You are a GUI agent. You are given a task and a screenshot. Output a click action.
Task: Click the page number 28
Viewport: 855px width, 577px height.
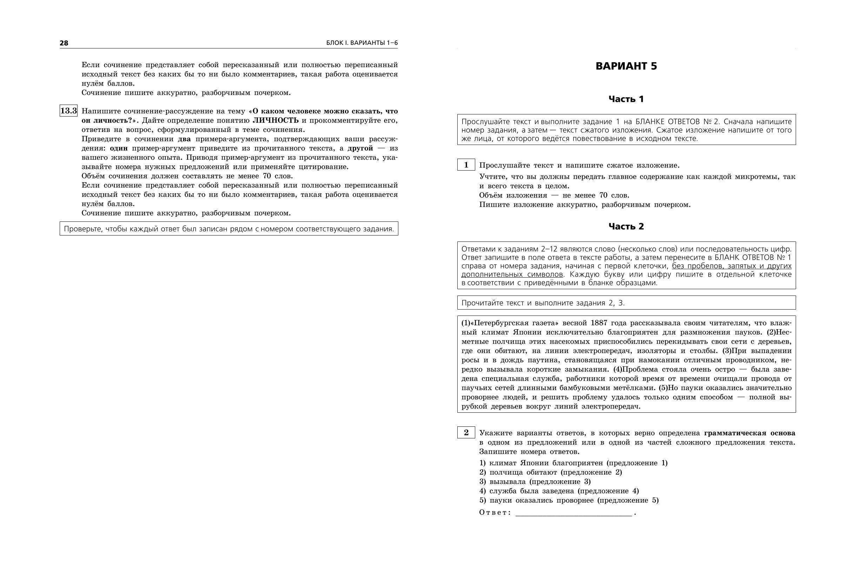[64, 43]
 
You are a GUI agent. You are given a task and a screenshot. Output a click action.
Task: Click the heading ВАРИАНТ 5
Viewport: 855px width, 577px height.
[626, 66]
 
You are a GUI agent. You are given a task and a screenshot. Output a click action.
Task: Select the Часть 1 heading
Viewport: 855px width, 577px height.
[626, 99]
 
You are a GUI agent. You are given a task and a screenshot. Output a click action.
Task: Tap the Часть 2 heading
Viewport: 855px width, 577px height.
[626, 226]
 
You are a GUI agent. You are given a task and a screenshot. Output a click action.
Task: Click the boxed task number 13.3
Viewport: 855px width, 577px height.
[68, 111]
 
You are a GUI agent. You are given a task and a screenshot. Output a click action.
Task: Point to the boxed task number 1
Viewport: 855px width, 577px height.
[466, 165]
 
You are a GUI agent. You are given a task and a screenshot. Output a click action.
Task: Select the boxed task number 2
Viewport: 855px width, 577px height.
[466, 433]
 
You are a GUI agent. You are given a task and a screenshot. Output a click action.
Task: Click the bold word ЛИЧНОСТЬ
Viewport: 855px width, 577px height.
[276, 120]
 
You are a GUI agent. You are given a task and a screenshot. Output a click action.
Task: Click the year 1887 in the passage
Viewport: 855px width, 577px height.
[598, 323]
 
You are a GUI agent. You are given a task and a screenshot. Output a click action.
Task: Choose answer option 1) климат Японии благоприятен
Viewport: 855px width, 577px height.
[573, 463]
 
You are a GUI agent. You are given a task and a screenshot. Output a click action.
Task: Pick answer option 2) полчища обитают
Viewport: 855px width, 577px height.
[550, 472]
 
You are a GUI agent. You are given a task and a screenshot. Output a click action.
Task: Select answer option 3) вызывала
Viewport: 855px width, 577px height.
[535, 482]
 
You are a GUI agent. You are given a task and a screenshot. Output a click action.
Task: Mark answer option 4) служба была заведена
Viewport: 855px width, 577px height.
[559, 491]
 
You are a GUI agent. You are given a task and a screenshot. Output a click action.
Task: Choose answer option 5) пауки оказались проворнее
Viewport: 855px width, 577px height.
[569, 500]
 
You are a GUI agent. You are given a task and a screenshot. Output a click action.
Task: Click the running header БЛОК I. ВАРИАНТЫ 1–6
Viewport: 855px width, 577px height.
[362, 43]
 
